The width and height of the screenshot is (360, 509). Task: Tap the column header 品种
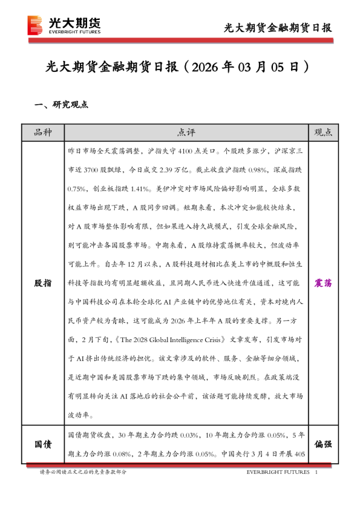pyautogui.click(x=42, y=132)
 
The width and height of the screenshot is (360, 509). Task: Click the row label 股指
pyautogui.click(x=42, y=283)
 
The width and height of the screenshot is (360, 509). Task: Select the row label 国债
pyautogui.click(x=42, y=444)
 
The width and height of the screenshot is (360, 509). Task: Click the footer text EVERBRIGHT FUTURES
pyautogui.click(x=278, y=472)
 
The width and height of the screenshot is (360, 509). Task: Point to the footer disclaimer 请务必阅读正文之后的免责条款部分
pyautogui.click(x=83, y=472)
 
